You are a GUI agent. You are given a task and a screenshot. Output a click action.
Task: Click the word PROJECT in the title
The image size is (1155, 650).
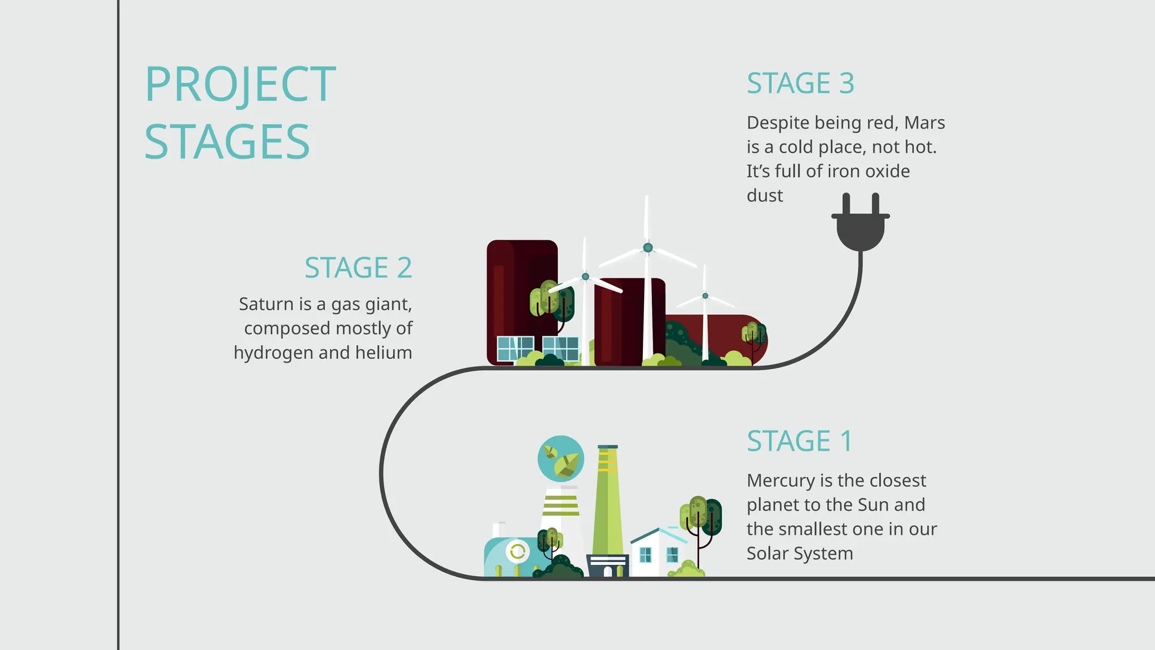pyautogui.click(x=240, y=85)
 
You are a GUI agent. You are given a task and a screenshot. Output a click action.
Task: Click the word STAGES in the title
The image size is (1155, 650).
pyautogui.click(x=227, y=142)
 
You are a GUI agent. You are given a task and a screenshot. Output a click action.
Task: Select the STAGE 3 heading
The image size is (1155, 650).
pyautogui.click(x=800, y=84)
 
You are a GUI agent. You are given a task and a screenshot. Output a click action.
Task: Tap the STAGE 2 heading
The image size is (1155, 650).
pyautogui.click(x=358, y=267)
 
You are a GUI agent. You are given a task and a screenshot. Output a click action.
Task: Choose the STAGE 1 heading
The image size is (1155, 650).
pyautogui.click(x=799, y=441)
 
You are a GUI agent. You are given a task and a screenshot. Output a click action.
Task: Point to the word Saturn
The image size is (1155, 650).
pyautogui.click(x=267, y=304)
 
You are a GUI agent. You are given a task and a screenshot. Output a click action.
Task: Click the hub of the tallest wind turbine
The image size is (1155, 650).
pyautogui.click(x=647, y=248)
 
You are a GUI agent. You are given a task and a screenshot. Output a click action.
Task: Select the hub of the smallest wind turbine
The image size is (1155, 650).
pyautogui.click(x=705, y=296)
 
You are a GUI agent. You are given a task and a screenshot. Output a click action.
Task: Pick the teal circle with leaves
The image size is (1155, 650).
pyautogui.click(x=561, y=458)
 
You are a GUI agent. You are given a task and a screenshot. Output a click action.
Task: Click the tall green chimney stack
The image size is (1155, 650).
pyautogui.click(x=608, y=502)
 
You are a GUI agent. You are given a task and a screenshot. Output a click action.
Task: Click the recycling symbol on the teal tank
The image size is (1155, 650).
pyautogui.click(x=517, y=551)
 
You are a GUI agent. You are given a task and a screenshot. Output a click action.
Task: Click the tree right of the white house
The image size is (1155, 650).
pyautogui.click(x=701, y=516)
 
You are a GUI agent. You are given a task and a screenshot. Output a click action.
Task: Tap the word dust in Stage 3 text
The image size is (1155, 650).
pyautogui.click(x=765, y=196)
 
